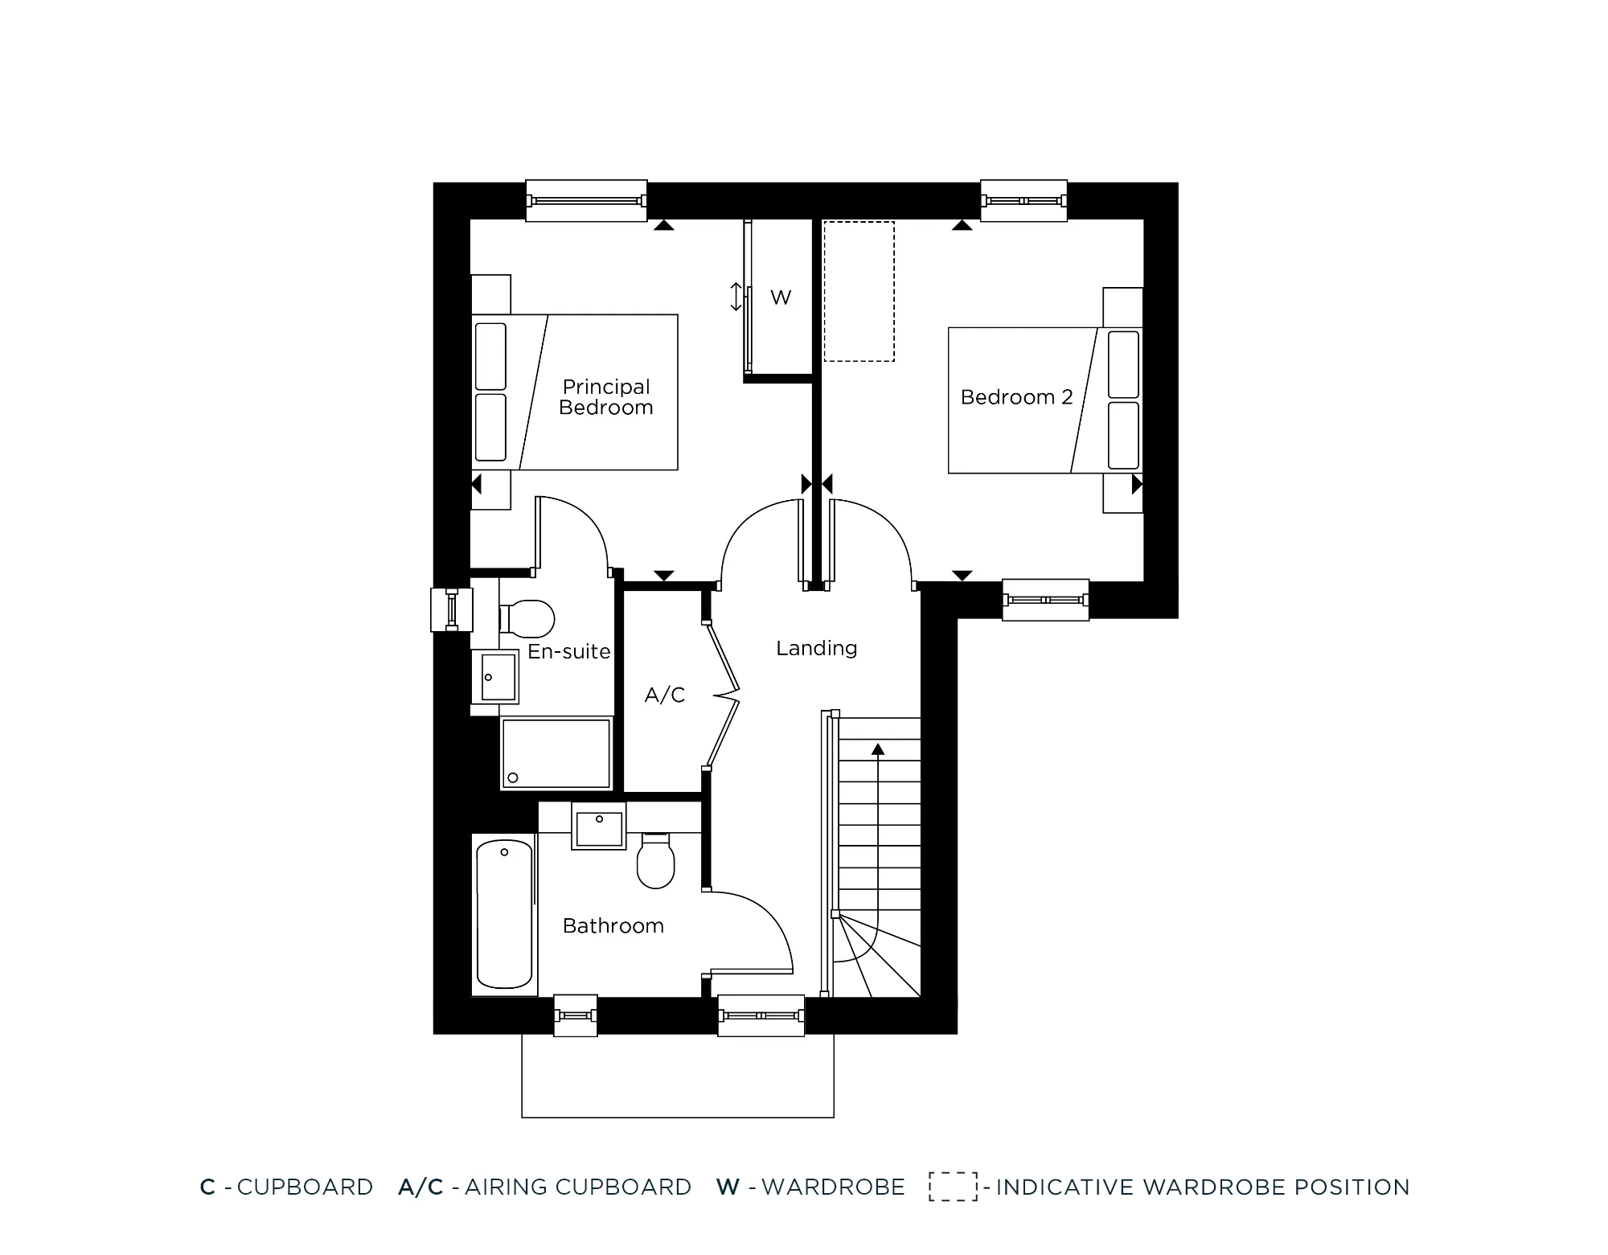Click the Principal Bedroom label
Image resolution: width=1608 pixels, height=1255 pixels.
point(605,397)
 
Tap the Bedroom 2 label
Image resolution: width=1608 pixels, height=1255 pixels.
point(1016,397)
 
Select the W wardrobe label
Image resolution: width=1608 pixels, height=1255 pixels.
point(781,297)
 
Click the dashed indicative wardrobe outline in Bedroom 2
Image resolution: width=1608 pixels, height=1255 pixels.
point(859,291)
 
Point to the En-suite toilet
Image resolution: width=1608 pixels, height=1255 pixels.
point(528,620)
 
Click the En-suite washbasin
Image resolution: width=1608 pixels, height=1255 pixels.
point(498,677)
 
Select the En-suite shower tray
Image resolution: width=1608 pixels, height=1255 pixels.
point(556,753)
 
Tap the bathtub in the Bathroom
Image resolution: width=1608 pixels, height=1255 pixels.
point(504,913)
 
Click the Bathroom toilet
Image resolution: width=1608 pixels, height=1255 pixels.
point(655,861)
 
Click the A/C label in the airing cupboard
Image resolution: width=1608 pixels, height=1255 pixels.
point(665,695)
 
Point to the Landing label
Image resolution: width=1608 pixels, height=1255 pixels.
point(816,648)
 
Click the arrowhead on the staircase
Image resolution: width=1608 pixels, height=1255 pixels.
point(878,749)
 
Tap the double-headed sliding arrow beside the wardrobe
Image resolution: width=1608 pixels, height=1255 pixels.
point(736,297)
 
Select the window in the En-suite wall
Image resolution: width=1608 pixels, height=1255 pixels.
point(452,609)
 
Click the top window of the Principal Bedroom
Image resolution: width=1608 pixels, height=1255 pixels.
point(586,200)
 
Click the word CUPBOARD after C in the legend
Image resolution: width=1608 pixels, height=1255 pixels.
point(305,1187)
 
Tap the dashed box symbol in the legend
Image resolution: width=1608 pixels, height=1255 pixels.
point(953,1187)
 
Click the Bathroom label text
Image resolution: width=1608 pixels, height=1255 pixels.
point(613,926)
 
